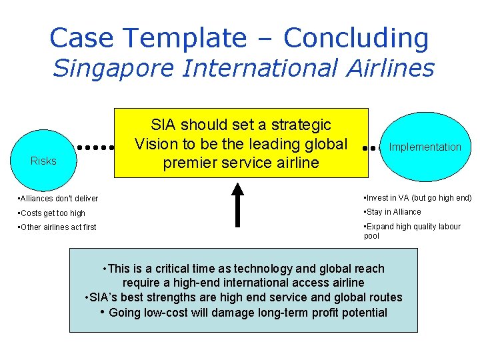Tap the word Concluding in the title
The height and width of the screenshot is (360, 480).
356,38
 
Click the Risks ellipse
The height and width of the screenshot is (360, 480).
43,153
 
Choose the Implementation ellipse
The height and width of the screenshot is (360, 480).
425,147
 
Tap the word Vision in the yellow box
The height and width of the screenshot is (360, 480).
155,144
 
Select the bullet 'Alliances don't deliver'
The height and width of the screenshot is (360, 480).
59,198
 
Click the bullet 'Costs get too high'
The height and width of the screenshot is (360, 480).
53,213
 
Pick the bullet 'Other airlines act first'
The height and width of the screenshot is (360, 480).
58,227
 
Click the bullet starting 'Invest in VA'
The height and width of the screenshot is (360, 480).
417,198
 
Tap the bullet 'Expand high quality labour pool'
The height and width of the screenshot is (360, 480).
412,231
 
